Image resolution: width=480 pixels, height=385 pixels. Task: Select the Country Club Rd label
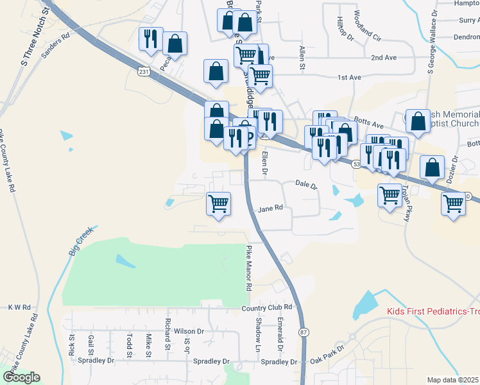pyautogui.click(x=267, y=308)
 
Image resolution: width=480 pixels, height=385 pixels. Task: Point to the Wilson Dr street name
pyautogui.click(x=188, y=332)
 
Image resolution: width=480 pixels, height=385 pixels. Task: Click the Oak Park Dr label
pyautogui.click(x=326, y=356)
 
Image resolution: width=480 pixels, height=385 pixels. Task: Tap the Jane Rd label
pyautogui.click(x=270, y=209)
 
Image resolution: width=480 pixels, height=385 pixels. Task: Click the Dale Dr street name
pyautogui.click(x=306, y=185)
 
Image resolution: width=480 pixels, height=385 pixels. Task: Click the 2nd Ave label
pyautogui.click(x=383, y=58)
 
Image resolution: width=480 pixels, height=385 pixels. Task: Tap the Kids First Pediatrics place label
pyautogui.click(x=433, y=312)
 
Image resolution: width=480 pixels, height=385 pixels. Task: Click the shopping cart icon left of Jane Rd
pyautogui.click(x=218, y=203)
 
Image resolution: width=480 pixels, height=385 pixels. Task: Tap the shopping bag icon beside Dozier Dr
pyautogui.click(x=432, y=167)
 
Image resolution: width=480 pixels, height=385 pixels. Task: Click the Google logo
pyautogui.click(x=21, y=377)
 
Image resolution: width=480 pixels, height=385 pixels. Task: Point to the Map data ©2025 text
pyautogui.click(x=452, y=380)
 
